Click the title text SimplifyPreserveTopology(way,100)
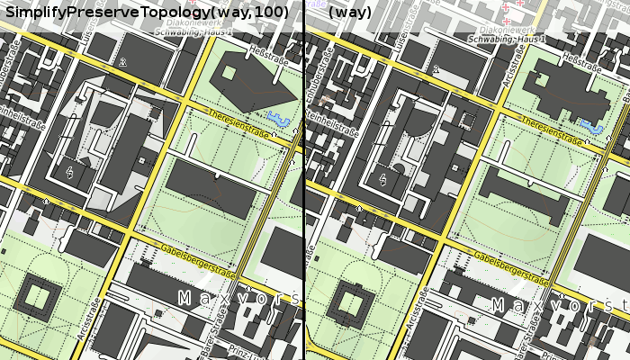coord(147,12)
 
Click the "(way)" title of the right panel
coord(350,12)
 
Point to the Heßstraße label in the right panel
coord(580,64)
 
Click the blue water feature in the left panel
coord(282,118)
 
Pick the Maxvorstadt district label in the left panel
coord(238,297)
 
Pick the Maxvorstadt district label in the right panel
coord(558,306)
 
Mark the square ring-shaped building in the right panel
coord(350,301)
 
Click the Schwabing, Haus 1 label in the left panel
coord(194,32)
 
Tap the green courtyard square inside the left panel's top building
coord(229,73)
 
